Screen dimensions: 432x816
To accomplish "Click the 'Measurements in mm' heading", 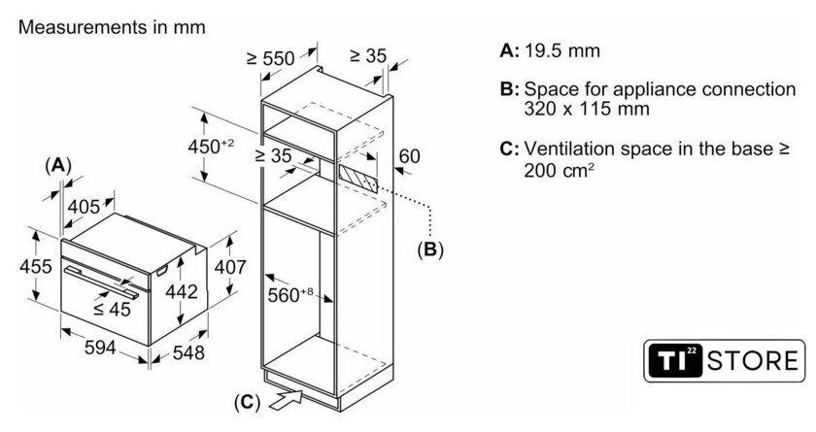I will (112, 28).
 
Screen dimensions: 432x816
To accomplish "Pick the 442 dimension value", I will (181, 291).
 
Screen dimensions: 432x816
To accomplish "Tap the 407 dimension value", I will (229, 266).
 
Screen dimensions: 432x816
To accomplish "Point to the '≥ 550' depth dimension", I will (270, 58).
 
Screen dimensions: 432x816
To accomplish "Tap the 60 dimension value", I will (409, 155).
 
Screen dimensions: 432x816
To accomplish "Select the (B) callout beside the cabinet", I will (429, 249).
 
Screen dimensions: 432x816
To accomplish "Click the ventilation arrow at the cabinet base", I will (289, 396).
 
